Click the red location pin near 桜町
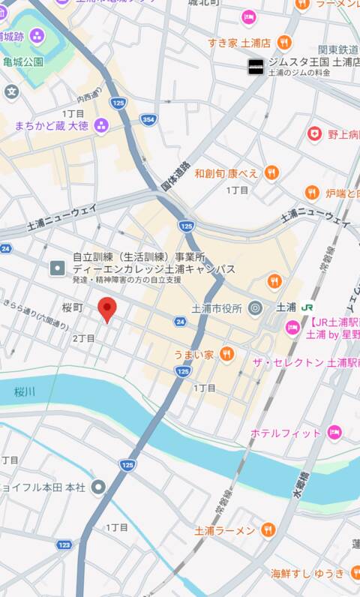[x=108, y=308]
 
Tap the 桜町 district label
[x=72, y=307]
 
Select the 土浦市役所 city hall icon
[x=255, y=307]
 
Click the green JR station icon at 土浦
[x=307, y=307]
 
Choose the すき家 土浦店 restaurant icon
[x=283, y=42]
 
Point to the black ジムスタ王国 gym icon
[x=256, y=67]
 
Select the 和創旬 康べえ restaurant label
[x=226, y=173]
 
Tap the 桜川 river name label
[x=25, y=391]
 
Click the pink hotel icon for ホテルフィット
[x=334, y=433]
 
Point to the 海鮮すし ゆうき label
[x=307, y=574]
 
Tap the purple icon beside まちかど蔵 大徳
[x=100, y=125]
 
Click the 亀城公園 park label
[x=22, y=61]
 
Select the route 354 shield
[x=149, y=119]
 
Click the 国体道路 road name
[x=177, y=175]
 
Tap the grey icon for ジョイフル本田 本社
[x=98, y=487]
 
